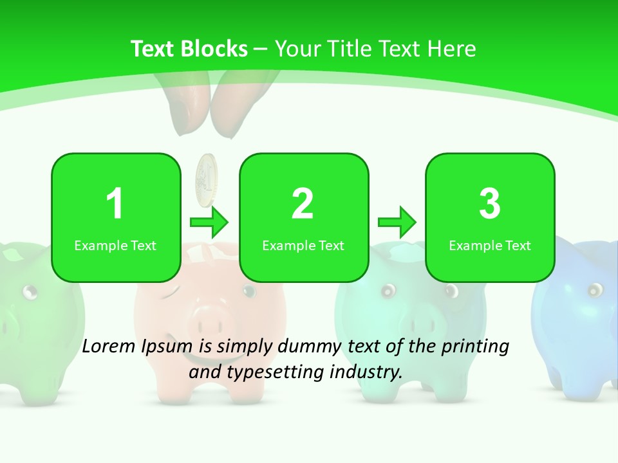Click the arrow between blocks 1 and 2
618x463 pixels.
pyautogui.click(x=209, y=222)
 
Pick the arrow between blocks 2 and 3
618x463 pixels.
pyautogui.click(x=397, y=222)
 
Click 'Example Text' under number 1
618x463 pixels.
pyautogui.click(x=115, y=246)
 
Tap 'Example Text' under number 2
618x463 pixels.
pyautogui.click(x=303, y=246)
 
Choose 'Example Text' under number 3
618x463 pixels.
pyautogui.click(x=490, y=246)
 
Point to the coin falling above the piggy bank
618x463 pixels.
pyautogui.click(x=205, y=181)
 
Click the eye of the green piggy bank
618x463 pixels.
pyautogui.click(x=30, y=293)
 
